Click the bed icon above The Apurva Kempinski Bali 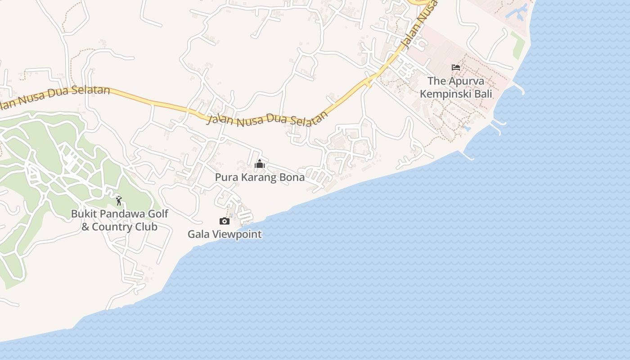coord(456,68)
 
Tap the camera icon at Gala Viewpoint coord(224,221)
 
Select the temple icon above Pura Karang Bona coord(260,164)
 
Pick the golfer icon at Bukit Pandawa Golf coord(119,200)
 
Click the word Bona coord(292,178)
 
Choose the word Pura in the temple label coord(225,178)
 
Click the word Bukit coord(83,214)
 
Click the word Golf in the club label coord(146,214)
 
